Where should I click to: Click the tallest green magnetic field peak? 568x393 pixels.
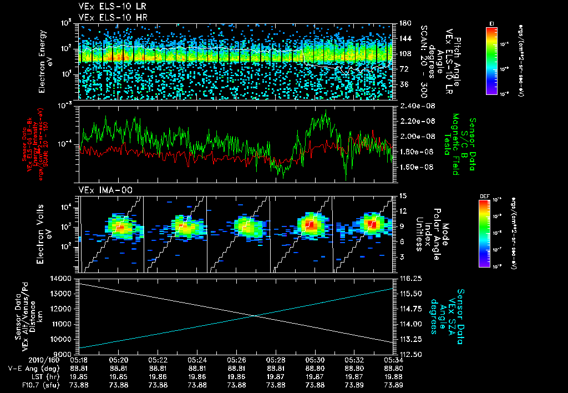click(326, 111)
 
